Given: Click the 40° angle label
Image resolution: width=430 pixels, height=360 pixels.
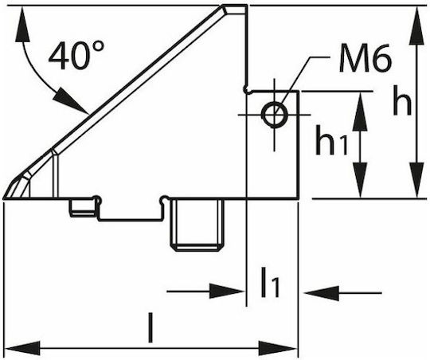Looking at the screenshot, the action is (x=76, y=55).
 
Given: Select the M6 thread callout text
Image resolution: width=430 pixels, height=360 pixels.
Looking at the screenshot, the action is (x=365, y=58).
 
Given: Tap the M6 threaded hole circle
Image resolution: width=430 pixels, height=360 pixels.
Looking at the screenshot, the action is (x=275, y=115).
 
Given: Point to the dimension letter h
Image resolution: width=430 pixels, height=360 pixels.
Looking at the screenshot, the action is (x=402, y=100).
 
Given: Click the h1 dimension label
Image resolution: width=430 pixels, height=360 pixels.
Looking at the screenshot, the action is (x=331, y=140).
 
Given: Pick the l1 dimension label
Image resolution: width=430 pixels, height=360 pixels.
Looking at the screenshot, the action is (x=271, y=283).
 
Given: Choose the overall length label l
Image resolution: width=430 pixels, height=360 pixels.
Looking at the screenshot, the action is (x=150, y=327).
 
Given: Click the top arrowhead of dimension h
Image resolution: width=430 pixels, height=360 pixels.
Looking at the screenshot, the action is (x=416, y=25).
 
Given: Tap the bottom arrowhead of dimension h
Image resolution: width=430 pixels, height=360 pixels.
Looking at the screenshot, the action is (x=416, y=180).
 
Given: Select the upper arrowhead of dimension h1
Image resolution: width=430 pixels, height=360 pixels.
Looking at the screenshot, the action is (x=359, y=112).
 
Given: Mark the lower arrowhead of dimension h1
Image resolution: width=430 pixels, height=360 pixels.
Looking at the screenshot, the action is (x=359, y=180).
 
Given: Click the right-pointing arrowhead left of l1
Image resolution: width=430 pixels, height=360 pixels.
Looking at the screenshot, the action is (x=227, y=292).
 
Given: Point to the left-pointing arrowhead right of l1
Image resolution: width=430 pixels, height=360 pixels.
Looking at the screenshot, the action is (x=322, y=293).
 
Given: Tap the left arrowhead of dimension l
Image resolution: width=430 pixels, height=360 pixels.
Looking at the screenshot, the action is (x=23, y=349).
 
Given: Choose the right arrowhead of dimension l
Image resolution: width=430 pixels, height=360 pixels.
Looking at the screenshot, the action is (x=278, y=349).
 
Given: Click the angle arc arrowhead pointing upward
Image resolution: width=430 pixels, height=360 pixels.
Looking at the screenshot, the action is (x=22, y=25).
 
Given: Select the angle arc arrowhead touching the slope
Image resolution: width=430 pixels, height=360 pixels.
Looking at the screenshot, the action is (x=72, y=101).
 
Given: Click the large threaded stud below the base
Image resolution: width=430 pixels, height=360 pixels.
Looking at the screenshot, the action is (x=197, y=225).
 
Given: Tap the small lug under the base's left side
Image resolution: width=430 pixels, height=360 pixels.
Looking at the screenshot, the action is (x=83, y=208).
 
